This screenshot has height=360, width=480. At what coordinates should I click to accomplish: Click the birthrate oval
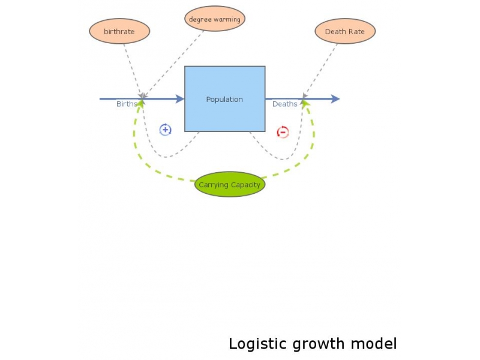click(x=119, y=31)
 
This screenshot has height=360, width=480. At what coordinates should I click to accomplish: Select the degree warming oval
click(x=214, y=19)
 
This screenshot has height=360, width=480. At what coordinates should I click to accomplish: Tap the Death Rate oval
click(x=344, y=31)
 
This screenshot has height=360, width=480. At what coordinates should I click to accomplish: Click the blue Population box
click(x=224, y=99)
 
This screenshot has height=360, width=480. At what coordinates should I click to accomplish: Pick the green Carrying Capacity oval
click(x=230, y=185)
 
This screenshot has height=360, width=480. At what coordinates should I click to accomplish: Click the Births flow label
click(x=127, y=104)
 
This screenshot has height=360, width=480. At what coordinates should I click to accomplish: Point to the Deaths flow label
click(x=284, y=104)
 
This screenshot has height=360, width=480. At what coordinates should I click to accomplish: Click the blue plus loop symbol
click(x=165, y=130)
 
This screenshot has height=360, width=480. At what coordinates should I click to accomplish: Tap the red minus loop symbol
click(x=283, y=132)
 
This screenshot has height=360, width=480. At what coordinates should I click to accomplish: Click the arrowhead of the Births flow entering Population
click(x=179, y=99)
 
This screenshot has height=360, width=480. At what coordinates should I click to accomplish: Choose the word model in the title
click(x=376, y=344)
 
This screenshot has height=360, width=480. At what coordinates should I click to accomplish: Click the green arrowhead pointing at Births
click(x=141, y=103)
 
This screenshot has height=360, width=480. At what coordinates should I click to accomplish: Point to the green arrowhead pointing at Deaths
click(x=305, y=103)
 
